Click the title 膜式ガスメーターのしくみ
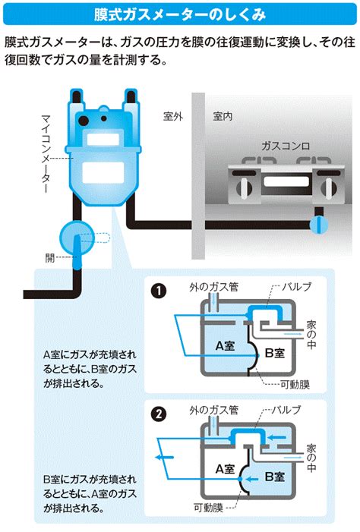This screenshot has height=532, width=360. [180, 14]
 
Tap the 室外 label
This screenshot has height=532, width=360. [173, 116]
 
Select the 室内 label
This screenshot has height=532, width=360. [223, 116]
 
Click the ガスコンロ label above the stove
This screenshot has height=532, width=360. [286, 146]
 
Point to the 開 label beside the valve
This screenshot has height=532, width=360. [50, 258]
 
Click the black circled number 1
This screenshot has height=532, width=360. [159, 291]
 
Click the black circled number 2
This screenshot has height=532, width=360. [159, 414]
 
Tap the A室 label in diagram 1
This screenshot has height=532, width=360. [225, 346]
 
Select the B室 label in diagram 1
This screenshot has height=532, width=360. [275, 353]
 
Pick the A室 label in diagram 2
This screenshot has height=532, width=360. [225, 469]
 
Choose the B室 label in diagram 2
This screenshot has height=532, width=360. [275, 477]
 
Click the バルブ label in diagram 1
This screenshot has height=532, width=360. [296, 287]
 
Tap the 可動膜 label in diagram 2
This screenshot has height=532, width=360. [209, 508]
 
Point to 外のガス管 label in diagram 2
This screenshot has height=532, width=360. [214, 411]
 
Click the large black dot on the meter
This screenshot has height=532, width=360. [84, 121]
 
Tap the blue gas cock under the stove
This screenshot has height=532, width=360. [319, 225]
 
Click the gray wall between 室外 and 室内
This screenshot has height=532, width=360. [198, 176]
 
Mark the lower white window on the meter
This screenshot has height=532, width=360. [103, 172]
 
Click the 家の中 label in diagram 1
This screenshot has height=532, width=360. [311, 335]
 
